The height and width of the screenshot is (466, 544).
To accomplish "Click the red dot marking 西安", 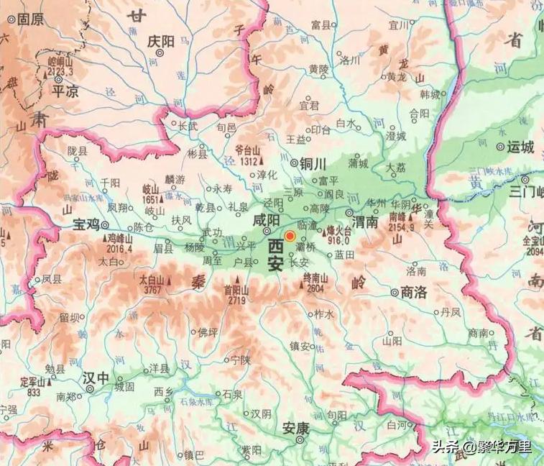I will pos(290,236).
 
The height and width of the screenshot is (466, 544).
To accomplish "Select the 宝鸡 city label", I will pos(86,224).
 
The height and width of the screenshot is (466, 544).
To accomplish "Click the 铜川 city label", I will pos(313,163).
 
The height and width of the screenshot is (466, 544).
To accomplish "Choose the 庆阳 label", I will pos(160,42).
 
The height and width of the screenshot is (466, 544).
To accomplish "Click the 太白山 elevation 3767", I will pos(151,290).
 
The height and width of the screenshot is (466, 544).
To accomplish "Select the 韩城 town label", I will pos(430,94).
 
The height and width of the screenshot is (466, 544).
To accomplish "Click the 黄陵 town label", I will pos(319,70).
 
